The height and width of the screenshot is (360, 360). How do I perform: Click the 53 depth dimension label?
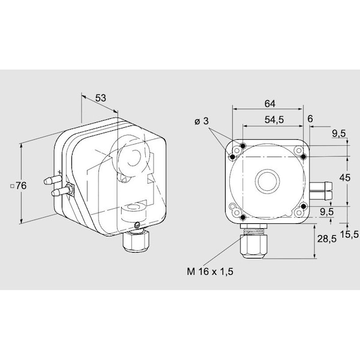tap(101, 98)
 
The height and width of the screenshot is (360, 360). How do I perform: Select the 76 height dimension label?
tap(22, 186)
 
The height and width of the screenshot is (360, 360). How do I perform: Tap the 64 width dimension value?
tap(270, 104)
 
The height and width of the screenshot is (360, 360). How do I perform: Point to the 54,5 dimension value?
tap(274, 119)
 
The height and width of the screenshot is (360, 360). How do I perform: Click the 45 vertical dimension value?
tap(345, 178)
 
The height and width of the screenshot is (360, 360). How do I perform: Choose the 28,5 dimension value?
tap(327, 239)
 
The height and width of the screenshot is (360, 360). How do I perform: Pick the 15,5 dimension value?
tap(349, 234)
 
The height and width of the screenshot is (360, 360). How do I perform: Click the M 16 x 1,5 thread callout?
tap(210, 272)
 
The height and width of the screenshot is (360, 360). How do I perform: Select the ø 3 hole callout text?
tap(202, 121)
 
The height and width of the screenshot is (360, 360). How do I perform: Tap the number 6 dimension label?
tap(310, 119)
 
